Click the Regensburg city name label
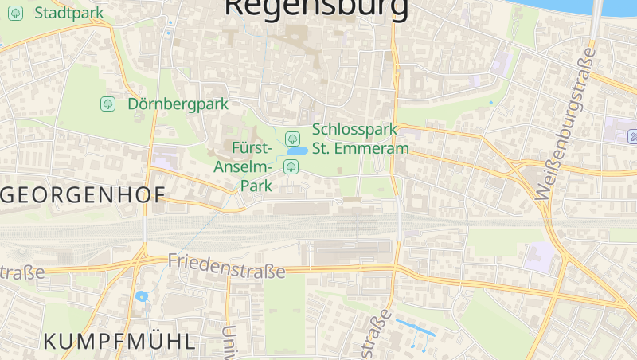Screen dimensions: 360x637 (x=316, y=6)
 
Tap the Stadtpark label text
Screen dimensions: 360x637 (x=69, y=13)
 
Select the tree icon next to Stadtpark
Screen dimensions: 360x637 (x=16, y=13)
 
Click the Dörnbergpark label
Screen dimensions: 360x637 (x=178, y=104)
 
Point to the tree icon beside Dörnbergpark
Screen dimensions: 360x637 (x=107, y=104)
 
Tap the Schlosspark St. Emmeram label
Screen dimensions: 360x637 (x=361, y=138)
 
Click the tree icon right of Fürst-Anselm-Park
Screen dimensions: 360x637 (x=291, y=166)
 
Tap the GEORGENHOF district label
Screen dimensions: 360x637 (x=84, y=195)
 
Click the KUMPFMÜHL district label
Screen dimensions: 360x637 (x=119, y=342)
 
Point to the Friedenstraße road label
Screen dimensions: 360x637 (x=226, y=266)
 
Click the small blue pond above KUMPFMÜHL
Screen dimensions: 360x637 (x=142, y=296)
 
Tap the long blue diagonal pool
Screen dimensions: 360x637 (x=416, y=327)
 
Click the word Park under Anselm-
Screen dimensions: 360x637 (x=256, y=185)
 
